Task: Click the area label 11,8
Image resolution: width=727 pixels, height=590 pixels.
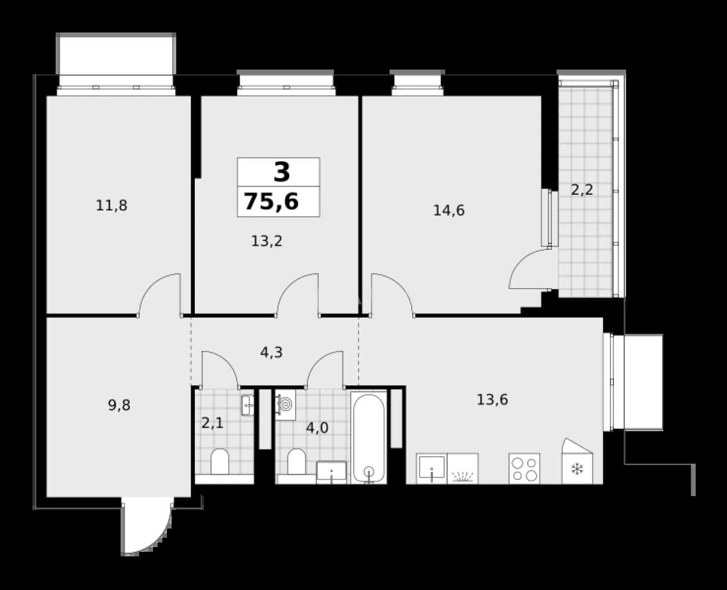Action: pyautogui.click(x=112, y=206)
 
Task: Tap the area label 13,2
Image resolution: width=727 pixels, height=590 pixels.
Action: pyautogui.click(x=267, y=241)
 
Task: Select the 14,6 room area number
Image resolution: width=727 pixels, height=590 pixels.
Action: pyautogui.click(x=449, y=210)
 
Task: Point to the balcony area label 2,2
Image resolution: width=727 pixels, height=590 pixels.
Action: pyautogui.click(x=582, y=190)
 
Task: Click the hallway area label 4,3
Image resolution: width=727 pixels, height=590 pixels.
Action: pyautogui.click(x=271, y=352)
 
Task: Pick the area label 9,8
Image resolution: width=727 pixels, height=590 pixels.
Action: pyautogui.click(x=119, y=405)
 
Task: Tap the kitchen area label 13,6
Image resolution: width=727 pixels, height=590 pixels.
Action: pyautogui.click(x=492, y=399)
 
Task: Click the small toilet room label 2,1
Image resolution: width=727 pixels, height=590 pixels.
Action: pyautogui.click(x=212, y=423)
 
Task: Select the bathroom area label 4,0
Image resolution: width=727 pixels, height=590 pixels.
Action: pyautogui.click(x=317, y=428)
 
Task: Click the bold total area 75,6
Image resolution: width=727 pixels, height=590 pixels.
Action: pyautogui.click(x=271, y=201)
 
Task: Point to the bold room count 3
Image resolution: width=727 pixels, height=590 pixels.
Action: pyautogui.click(x=282, y=172)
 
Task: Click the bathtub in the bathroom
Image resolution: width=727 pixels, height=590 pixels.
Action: pyautogui.click(x=369, y=438)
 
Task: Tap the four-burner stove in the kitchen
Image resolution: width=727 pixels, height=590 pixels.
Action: pyautogui.click(x=524, y=468)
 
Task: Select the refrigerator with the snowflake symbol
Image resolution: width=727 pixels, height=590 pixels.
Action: pyautogui.click(x=577, y=461)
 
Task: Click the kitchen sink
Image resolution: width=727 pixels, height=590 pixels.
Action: pyautogui.click(x=432, y=468)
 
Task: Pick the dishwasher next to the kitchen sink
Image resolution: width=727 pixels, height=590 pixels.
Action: pyautogui.click(x=463, y=468)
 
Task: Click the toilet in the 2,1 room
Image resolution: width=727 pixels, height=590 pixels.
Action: pyautogui.click(x=220, y=462)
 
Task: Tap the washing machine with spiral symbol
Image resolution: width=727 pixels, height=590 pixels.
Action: pyautogui.click(x=285, y=405)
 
